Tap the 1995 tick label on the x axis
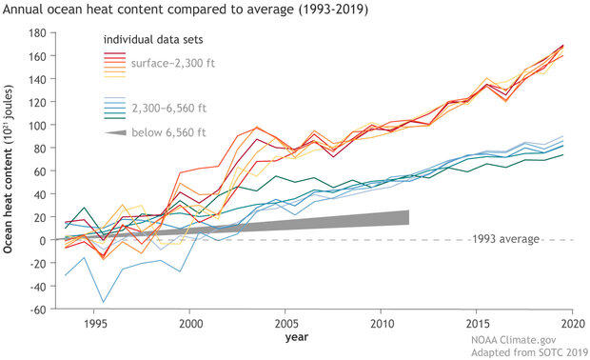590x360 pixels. pyautogui.click(x=93, y=323)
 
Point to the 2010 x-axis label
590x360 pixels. pyautogui.click(x=382, y=323)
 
